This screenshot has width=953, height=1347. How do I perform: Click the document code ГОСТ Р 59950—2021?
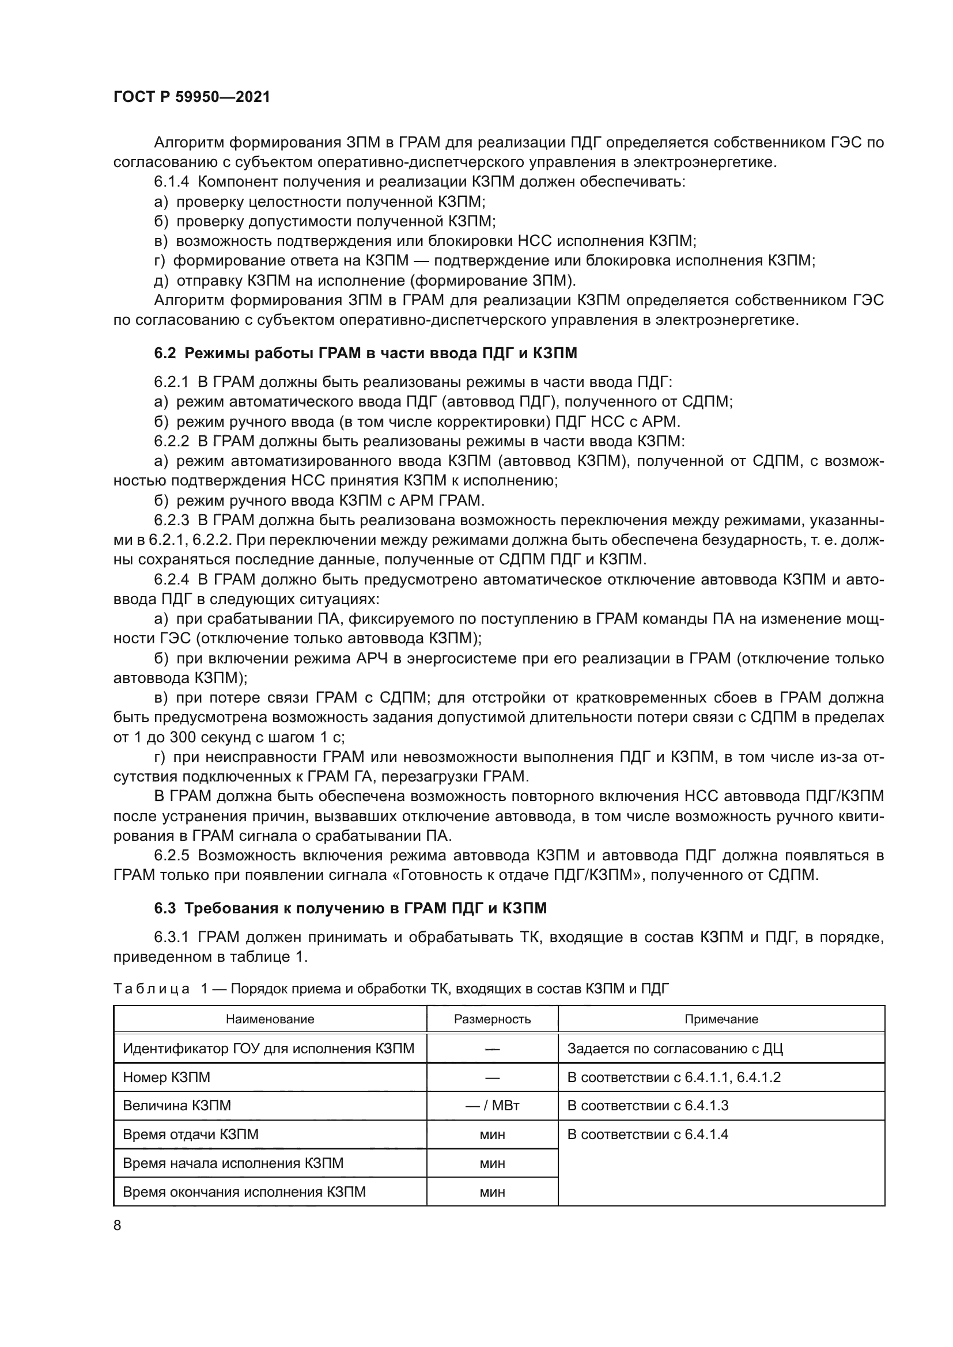click(x=192, y=97)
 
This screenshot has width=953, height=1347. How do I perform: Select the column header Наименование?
click(x=270, y=1019)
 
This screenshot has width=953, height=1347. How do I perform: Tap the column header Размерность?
click(x=491, y=1019)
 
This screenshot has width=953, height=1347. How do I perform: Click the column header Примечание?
click(x=721, y=1019)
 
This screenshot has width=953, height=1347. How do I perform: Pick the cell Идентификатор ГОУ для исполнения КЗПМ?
click(x=268, y=1048)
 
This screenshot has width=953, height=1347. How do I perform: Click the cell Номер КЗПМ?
click(x=167, y=1077)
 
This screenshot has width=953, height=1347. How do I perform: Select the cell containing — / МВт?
click(x=491, y=1106)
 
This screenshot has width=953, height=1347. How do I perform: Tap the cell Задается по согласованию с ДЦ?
click(x=675, y=1048)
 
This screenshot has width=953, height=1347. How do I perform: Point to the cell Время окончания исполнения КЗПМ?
click(x=244, y=1192)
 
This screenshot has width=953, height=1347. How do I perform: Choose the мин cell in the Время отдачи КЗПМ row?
click(x=491, y=1134)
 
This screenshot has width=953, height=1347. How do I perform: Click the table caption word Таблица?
click(x=151, y=989)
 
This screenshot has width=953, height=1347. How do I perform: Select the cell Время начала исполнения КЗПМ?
click(x=233, y=1163)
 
